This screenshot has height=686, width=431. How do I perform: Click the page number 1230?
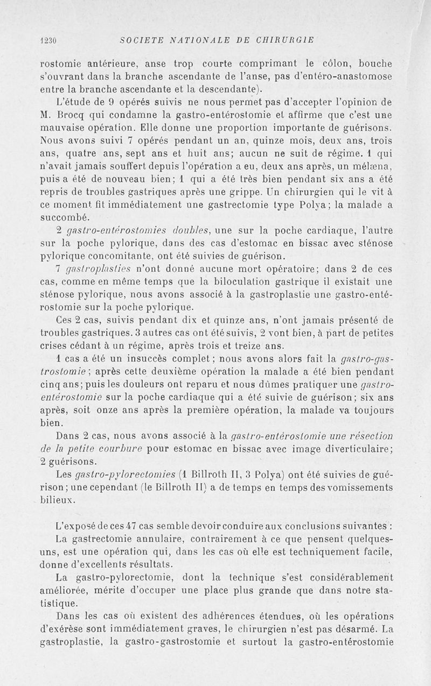[49, 40]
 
